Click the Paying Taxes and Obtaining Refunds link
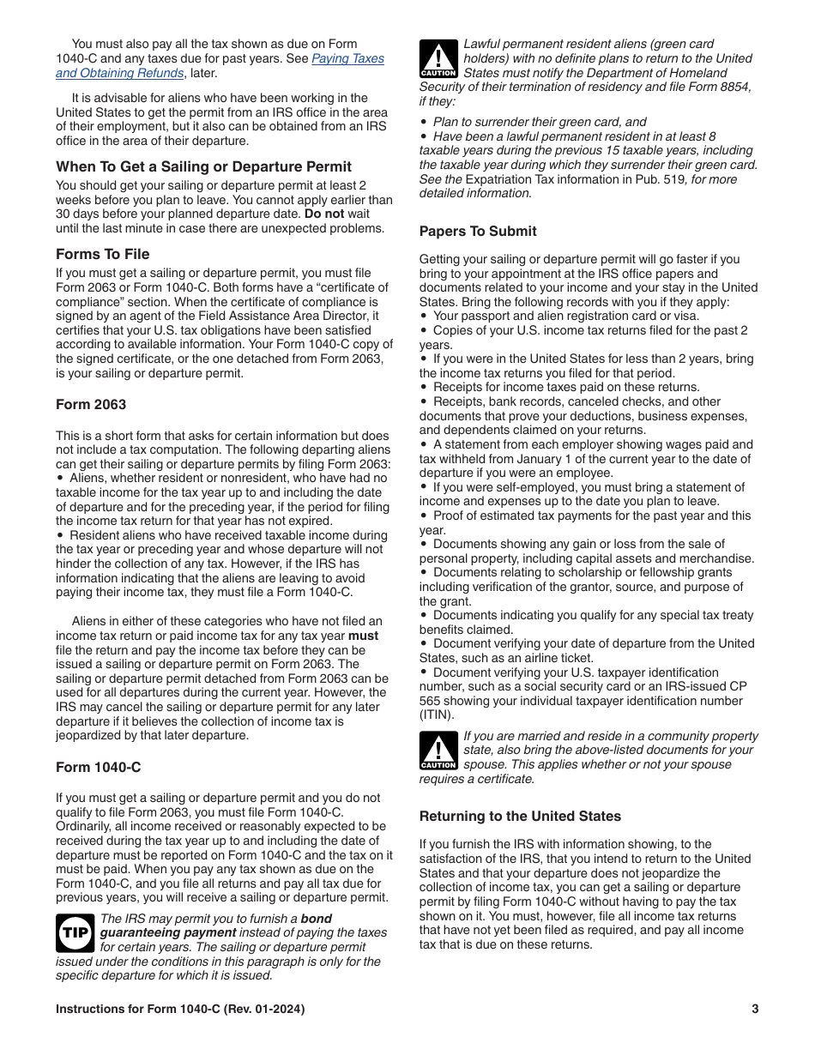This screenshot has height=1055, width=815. pos(347,58)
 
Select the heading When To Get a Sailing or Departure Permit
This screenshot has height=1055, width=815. pos(203,166)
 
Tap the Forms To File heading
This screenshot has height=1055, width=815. pos(102,254)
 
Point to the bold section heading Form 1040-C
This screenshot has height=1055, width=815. pos(98,767)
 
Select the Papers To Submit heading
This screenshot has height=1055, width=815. pos(478,231)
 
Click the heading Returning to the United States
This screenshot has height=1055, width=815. pos(520,816)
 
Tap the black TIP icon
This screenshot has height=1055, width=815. pos(75,932)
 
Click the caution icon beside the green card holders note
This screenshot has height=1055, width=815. pos(438,59)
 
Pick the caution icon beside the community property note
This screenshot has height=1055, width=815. pos(438,751)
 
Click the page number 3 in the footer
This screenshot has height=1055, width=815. pos(755,1009)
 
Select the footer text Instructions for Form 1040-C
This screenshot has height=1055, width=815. pos(180,1009)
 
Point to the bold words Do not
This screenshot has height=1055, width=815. pos(324,214)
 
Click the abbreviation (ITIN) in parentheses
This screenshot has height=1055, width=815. pos(437,714)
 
